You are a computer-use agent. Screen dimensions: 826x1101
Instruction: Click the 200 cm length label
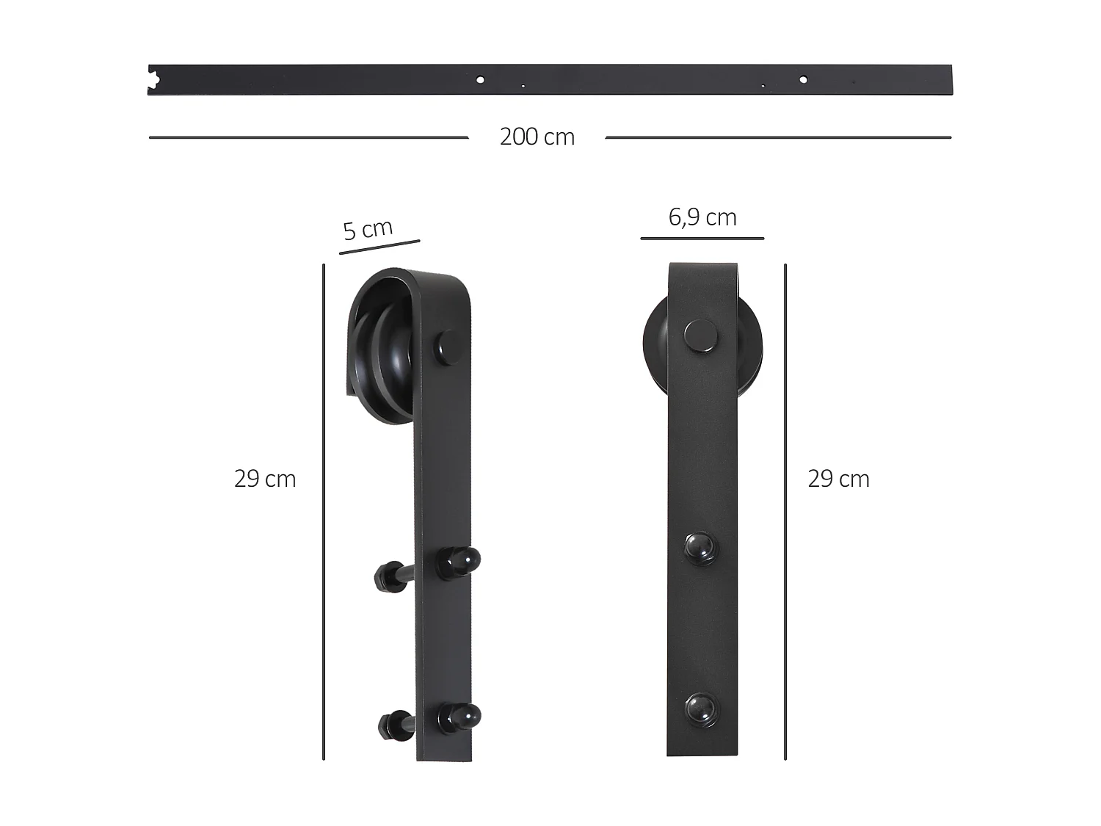click(537, 137)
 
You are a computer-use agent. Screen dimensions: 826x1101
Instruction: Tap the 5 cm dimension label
click(368, 229)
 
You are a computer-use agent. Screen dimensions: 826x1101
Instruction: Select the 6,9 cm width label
click(702, 217)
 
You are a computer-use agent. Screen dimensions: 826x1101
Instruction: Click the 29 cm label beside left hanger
click(265, 479)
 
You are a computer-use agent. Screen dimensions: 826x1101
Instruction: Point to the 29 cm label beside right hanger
click(838, 479)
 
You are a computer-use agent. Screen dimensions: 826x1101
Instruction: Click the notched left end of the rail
click(153, 79)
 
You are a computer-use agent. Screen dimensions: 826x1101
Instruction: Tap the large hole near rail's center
click(480, 79)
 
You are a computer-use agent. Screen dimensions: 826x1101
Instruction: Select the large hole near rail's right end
click(803, 79)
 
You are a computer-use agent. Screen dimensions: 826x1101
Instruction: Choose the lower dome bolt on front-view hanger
click(701, 709)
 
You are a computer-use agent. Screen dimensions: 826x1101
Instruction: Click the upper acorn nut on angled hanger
click(459, 562)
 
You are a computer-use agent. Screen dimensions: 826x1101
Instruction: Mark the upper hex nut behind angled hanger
click(386, 576)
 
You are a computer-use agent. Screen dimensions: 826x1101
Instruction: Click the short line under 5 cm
click(379, 247)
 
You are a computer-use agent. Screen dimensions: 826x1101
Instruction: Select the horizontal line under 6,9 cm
click(702, 238)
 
